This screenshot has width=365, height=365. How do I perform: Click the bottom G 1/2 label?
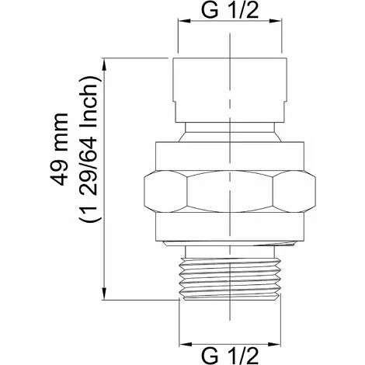coord(230,356)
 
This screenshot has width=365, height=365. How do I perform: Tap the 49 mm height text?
coord(59,149)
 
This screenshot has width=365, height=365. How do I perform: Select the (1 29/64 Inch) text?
coord(89,149)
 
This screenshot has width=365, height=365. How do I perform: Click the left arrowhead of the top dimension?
coord(184,21)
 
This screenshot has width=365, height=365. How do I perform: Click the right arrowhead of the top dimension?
coord(275,21)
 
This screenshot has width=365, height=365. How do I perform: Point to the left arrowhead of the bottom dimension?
coord(186,344)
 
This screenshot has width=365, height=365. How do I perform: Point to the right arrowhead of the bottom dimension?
coord(274,344)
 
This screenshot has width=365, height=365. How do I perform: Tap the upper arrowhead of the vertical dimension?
coord(104,64)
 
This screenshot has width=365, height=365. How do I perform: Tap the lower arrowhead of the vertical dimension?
coord(104,294)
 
